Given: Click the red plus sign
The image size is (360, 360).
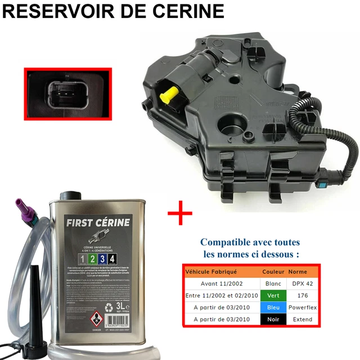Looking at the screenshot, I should pyautogui.click(x=179, y=214).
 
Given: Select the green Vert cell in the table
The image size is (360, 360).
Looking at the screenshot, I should pyautogui.click(x=274, y=295).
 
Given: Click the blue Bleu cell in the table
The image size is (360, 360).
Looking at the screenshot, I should pyautogui.click(x=274, y=307).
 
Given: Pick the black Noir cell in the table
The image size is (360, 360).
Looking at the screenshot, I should pyautogui.click(x=274, y=319).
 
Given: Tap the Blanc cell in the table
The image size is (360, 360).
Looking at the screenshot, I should pyautogui.click(x=274, y=283).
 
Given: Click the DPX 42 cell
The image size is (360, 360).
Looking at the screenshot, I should pyautogui.click(x=303, y=283).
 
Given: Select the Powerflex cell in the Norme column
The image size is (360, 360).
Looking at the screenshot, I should pyautogui.click(x=303, y=307).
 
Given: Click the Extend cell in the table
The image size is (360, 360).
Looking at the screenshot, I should pyautogui.click(x=303, y=319).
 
